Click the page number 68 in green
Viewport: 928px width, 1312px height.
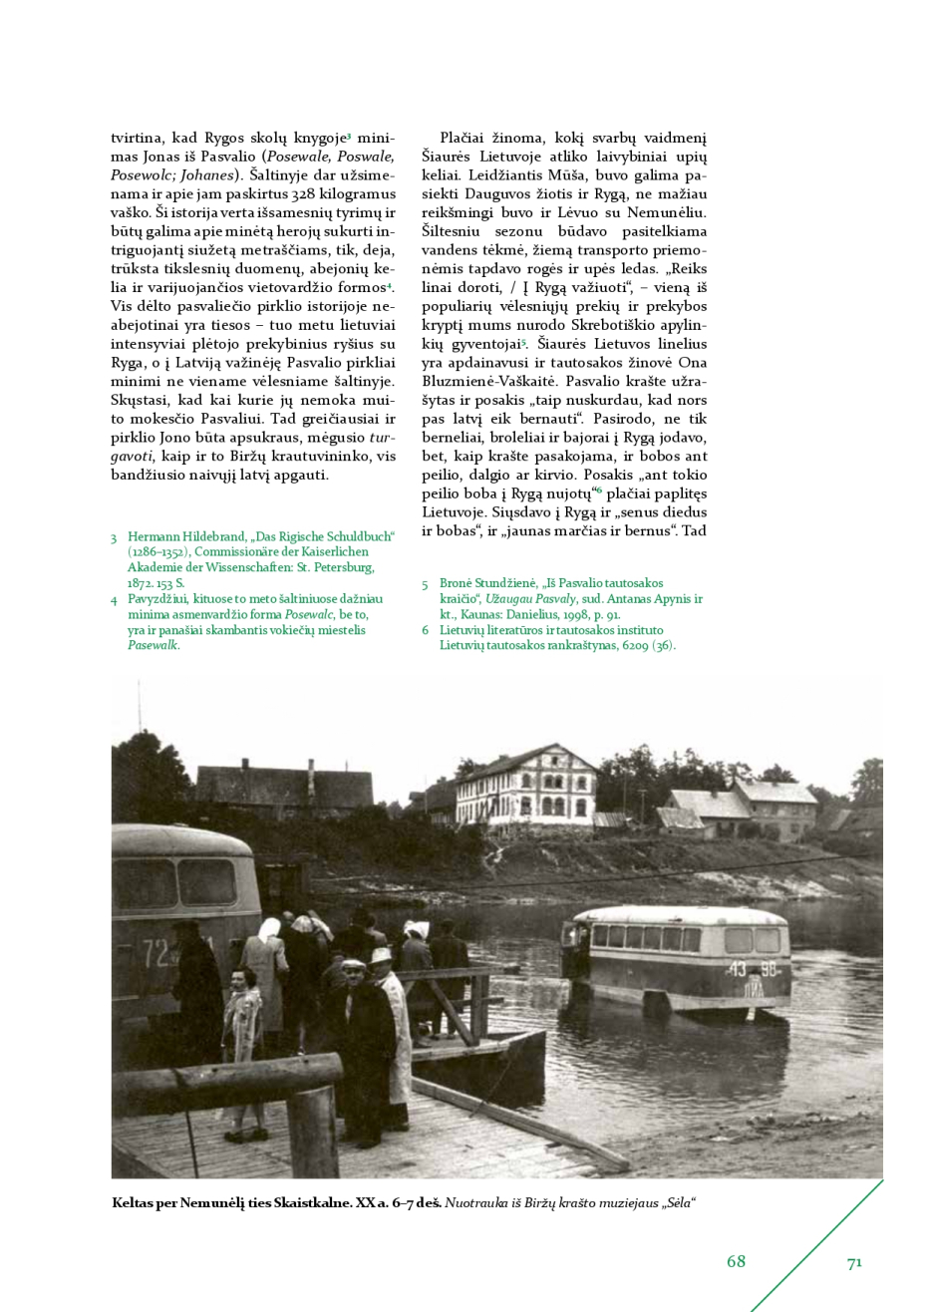pos(736,1261)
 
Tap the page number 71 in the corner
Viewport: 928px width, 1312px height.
pos(854,1263)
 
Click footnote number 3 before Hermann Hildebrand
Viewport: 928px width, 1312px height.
pos(115,537)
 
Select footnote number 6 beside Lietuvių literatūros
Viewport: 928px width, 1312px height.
pos(426,630)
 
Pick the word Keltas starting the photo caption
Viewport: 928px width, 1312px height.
pos(133,1203)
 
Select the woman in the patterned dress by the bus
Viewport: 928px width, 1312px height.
pos(242,1047)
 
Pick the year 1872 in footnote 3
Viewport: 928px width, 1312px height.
pos(142,583)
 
